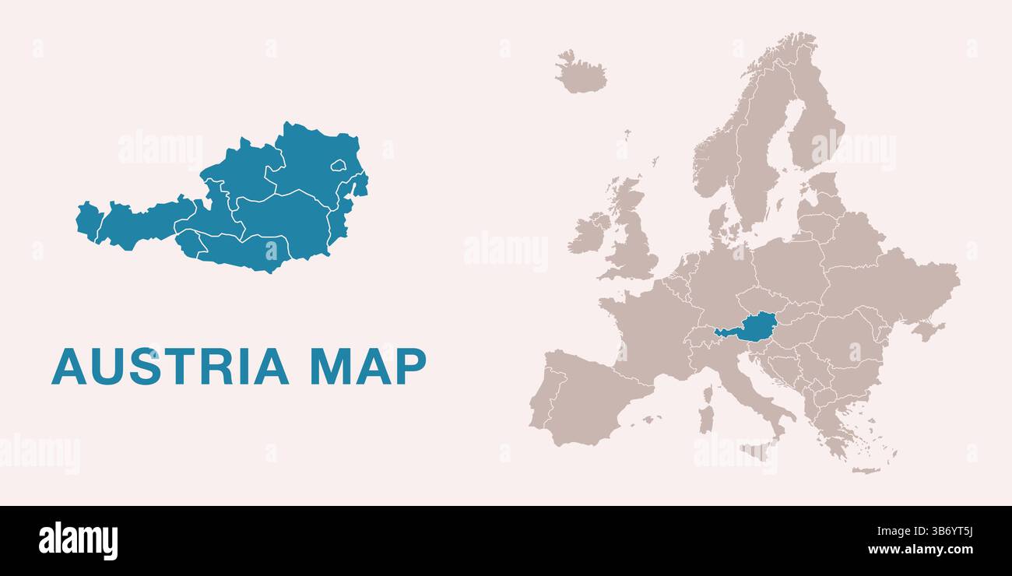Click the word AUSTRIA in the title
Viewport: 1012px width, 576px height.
click(x=170, y=367)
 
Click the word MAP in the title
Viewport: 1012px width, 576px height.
click(x=367, y=367)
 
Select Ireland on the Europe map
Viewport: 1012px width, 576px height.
click(x=588, y=234)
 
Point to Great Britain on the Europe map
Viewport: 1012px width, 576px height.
click(x=632, y=237)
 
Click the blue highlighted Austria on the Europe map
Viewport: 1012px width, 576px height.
click(x=751, y=328)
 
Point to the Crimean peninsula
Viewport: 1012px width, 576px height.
click(x=926, y=331)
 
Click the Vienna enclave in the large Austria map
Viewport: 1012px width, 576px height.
click(x=338, y=165)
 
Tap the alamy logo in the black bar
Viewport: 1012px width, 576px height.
click(x=78, y=541)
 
